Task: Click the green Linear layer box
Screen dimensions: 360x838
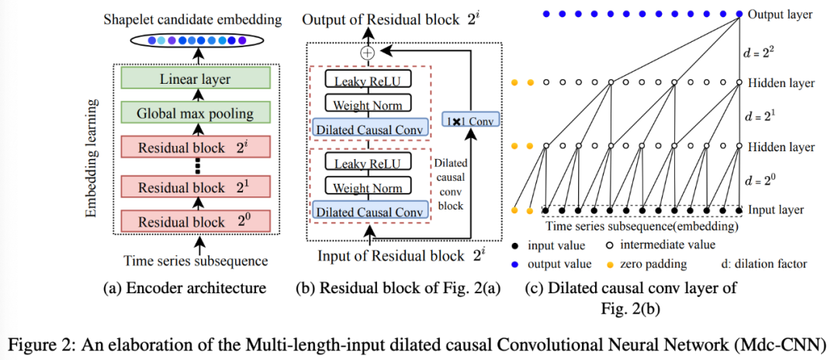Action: pos(195,78)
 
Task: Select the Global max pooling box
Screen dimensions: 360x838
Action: pos(195,114)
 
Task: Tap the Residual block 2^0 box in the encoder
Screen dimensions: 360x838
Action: pos(195,222)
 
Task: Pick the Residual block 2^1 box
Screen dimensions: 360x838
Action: pos(195,187)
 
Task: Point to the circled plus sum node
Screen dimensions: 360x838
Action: pos(367,52)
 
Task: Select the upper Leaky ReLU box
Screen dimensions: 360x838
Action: pos(367,80)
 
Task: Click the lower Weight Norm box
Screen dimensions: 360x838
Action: pos(367,188)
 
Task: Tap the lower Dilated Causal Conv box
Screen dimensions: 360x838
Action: pos(367,212)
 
